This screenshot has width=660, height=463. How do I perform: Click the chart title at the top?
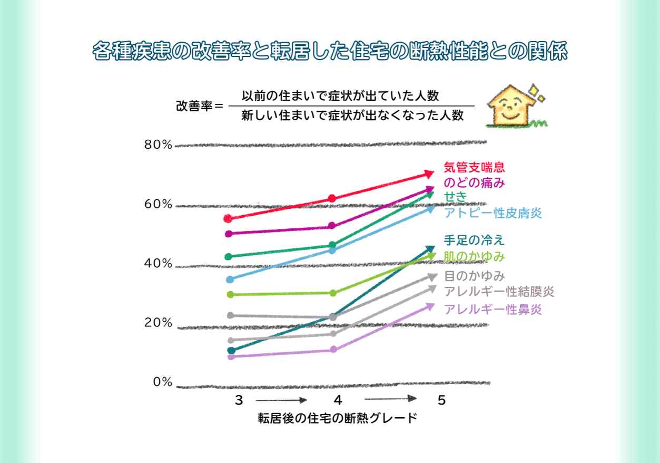(329, 52)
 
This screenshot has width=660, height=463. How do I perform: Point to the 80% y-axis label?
(159, 145)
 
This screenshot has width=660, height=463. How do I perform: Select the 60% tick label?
(159, 205)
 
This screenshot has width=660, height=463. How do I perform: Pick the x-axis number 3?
(239, 400)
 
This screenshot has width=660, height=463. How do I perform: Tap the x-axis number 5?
(441, 400)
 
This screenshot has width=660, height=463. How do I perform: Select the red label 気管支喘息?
(474, 168)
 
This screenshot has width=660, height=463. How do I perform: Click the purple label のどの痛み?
(474, 183)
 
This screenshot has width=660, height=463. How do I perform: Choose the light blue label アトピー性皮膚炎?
(492, 213)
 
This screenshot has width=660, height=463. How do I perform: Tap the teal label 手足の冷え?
(474, 240)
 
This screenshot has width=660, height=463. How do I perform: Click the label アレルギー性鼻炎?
(492, 309)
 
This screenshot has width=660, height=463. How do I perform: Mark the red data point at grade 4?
(332, 198)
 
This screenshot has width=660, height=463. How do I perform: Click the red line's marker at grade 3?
(228, 218)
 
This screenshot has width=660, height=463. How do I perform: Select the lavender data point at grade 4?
(333, 350)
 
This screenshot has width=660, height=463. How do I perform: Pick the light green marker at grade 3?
(230, 294)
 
